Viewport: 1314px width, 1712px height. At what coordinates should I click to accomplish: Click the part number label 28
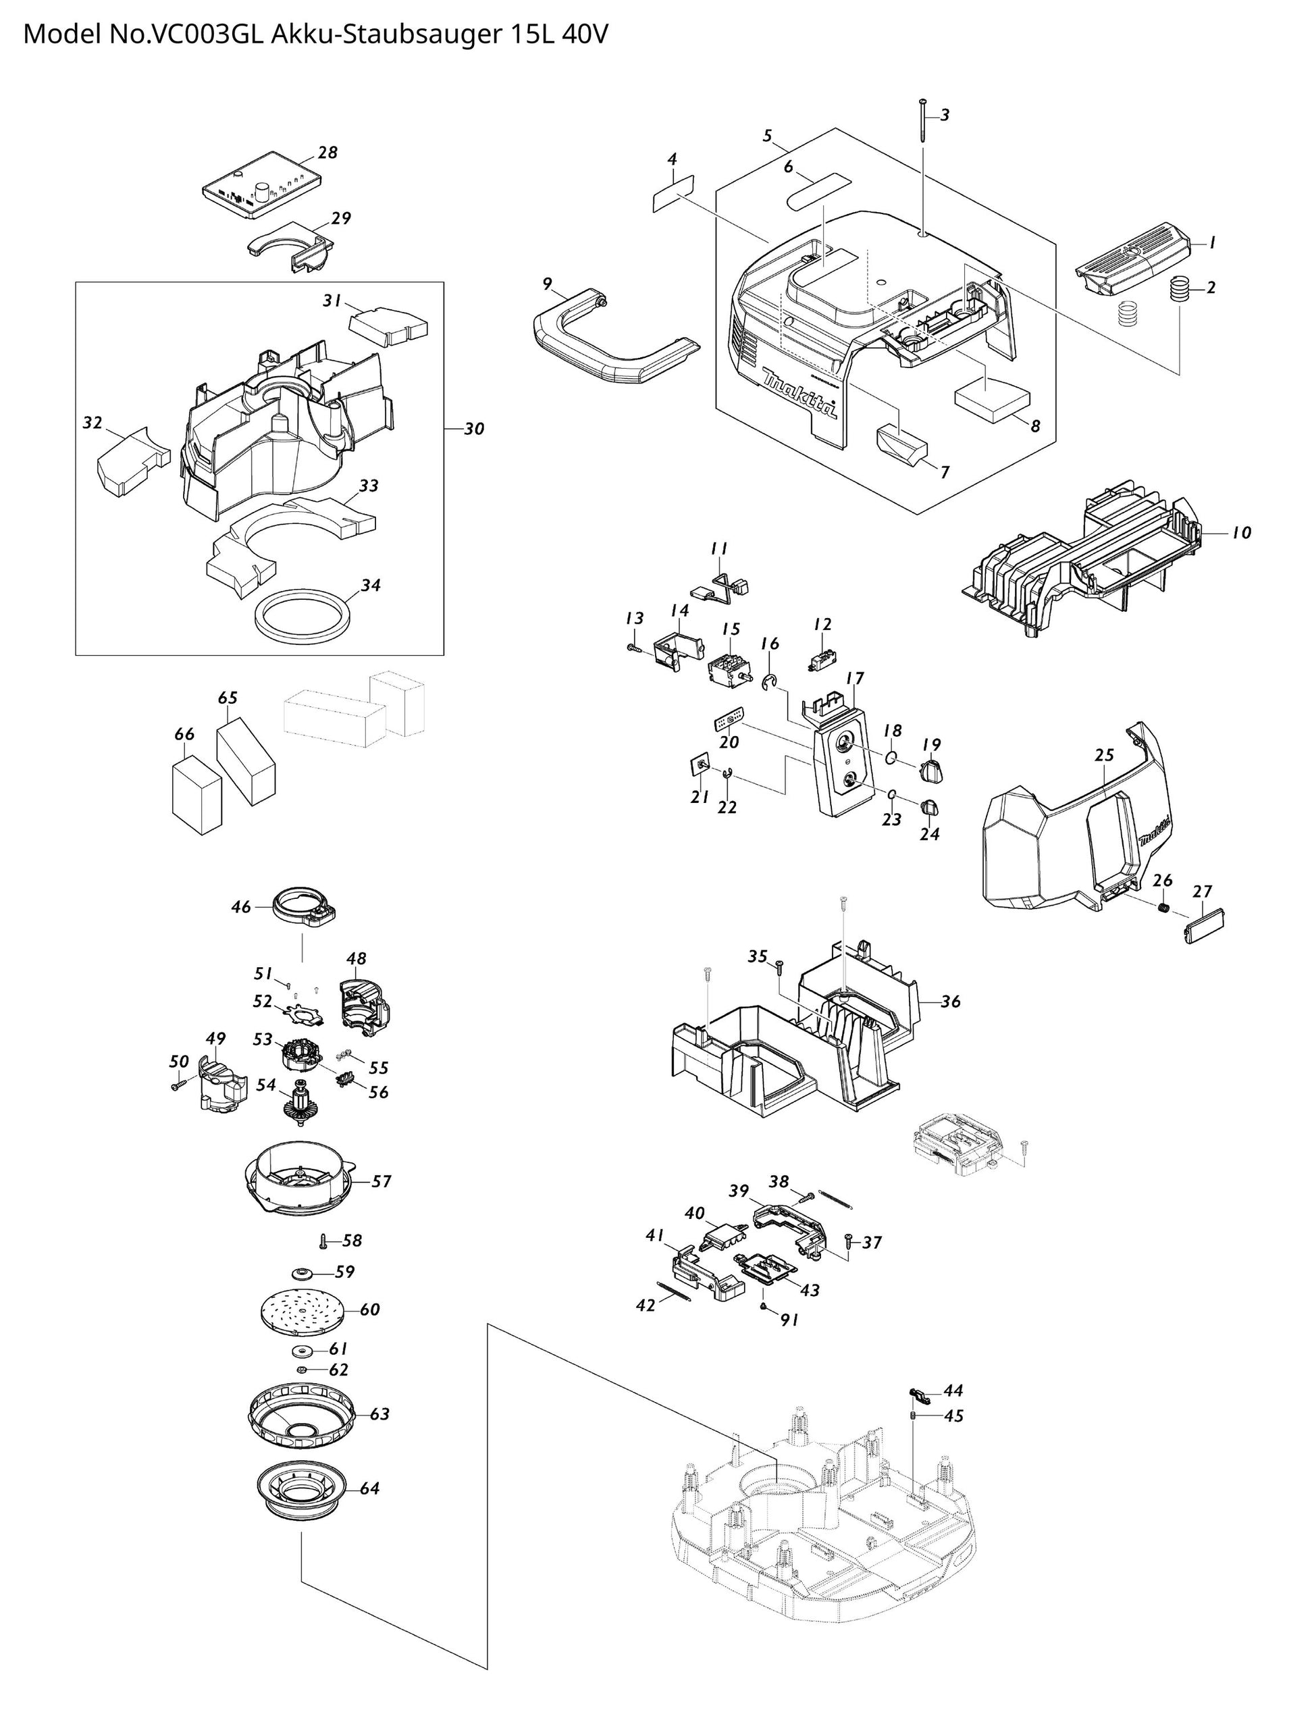(x=327, y=153)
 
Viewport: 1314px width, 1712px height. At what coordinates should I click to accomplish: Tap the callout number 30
(x=474, y=429)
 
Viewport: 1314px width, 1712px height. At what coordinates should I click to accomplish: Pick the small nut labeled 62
(x=300, y=1370)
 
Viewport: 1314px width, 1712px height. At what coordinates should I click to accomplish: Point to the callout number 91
(x=790, y=1320)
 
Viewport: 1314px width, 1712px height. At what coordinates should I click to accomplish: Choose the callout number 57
(x=381, y=1181)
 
